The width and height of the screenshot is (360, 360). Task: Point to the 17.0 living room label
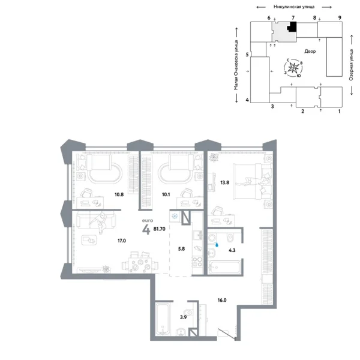(x=121, y=241)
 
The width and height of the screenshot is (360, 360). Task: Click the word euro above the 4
(x=145, y=220)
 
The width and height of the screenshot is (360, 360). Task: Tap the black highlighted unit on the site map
(x=292, y=28)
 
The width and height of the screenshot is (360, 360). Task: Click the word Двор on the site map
(x=310, y=52)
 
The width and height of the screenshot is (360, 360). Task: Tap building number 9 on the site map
(x=340, y=19)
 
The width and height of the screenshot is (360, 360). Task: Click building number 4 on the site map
(x=247, y=99)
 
